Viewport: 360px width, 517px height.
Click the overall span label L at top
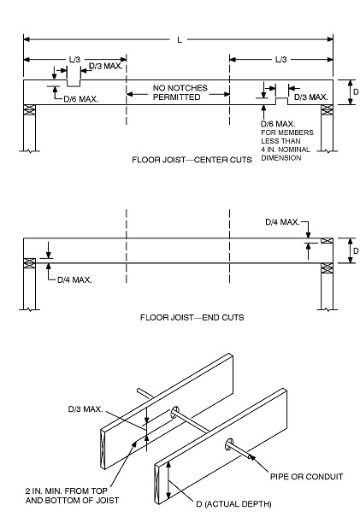coord(179,39)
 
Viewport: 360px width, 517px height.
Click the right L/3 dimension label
coord(280,59)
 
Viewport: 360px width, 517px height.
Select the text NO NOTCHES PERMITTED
coord(177,92)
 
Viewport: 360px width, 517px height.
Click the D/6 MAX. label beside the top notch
coord(81,98)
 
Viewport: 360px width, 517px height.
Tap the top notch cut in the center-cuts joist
coord(74,84)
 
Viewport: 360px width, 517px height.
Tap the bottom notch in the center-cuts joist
coord(280,102)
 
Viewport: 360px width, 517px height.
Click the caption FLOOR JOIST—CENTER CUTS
coord(192,160)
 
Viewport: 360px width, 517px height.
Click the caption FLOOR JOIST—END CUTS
coord(192,316)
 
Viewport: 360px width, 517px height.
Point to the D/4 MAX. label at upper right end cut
coord(282,221)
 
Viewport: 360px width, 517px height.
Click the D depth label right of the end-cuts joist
coord(351,251)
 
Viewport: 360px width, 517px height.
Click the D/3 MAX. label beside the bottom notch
coord(310,97)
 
